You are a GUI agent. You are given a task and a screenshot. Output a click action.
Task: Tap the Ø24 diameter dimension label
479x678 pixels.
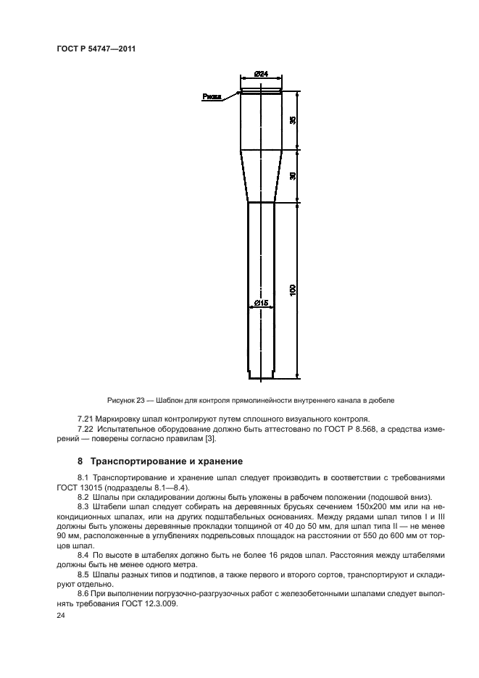click(x=262, y=74)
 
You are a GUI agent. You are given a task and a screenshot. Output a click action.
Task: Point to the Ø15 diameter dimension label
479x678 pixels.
click(x=262, y=303)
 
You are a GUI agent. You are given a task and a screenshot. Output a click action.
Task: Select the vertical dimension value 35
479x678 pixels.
click(x=293, y=120)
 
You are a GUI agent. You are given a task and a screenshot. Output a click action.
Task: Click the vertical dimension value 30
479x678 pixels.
click(x=293, y=175)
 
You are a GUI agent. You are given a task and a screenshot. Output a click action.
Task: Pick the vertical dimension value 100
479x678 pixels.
click(x=293, y=290)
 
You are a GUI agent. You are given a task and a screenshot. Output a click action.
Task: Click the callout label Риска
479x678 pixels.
click(x=212, y=95)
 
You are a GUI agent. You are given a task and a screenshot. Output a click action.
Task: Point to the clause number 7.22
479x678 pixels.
click(x=86, y=430)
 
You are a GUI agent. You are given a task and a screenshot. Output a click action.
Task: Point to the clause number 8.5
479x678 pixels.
click(x=84, y=572)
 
